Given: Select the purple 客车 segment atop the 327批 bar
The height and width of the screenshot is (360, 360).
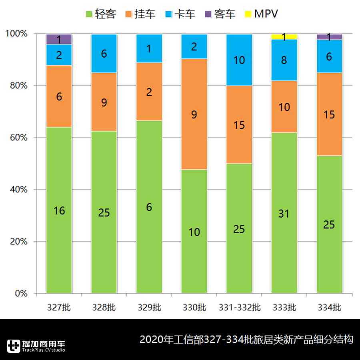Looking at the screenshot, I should pyautogui.click(x=59, y=39).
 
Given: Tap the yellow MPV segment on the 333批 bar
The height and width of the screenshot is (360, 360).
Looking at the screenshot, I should pyautogui.click(x=284, y=36).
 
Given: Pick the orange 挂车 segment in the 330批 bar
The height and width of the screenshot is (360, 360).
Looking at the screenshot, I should pyautogui.click(x=194, y=114).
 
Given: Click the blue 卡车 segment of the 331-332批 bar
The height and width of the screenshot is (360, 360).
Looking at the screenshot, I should pyautogui.click(x=239, y=60).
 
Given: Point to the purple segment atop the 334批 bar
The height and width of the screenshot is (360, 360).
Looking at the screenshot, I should pyautogui.click(x=329, y=37).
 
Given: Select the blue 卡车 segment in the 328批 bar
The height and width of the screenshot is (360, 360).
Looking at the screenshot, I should pyautogui.click(x=104, y=54).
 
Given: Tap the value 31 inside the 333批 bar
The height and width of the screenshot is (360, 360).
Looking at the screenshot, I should pyautogui.click(x=284, y=214).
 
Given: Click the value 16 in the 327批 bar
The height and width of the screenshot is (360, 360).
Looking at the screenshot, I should pyautogui.click(x=59, y=211).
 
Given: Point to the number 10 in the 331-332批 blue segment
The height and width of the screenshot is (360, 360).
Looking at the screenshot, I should pyautogui.click(x=239, y=60).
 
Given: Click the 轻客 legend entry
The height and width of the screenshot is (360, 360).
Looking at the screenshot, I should pyautogui.click(x=101, y=14).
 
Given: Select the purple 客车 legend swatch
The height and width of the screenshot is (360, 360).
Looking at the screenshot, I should pyautogui.click(x=207, y=14).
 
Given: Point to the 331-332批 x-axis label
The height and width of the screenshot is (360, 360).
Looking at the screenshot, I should pyautogui.click(x=239, y=308).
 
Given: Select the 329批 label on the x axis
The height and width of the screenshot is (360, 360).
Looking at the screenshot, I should pyautogui.click(x=149, y=308).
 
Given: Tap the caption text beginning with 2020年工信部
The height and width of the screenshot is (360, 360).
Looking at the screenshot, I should pyautogui.click(x=246, y=340).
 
